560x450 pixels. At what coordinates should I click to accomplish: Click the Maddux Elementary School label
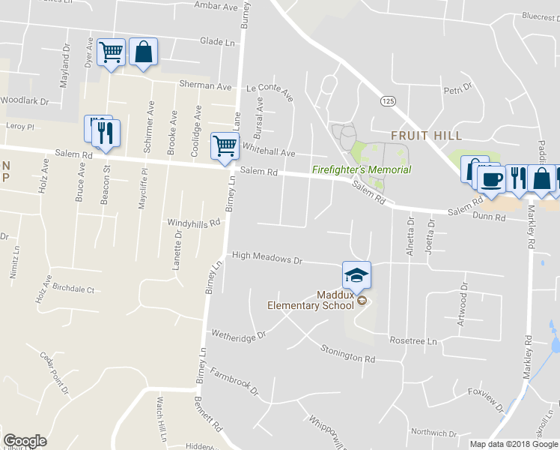pyautogui.click(x=311, y=300)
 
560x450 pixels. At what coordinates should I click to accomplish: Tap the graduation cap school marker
pyautogui.click(x=357, y=276)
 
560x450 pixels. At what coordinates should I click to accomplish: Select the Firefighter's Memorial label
pyautogui.click(x=362, y=170)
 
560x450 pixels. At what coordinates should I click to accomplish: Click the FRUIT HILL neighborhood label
pyautogui.click(x=426, y=136)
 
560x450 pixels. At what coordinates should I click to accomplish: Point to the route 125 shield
pyautogui.click(x=387, y=100)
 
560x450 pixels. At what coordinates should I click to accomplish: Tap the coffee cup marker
pyautogui.click(x=492, y=179)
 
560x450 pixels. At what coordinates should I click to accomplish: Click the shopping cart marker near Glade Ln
pyautogui.click(x=111, y=52)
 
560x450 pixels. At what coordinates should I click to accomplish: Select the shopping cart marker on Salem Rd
pyautogui.click(x=225, y=146)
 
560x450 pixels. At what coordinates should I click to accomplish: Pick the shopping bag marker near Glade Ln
pyautogui.click(x=143, y=52)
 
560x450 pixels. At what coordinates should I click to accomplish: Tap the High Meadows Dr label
pyautogui.click(x=267, y=256)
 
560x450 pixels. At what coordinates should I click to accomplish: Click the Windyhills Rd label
pyautogui.click(x=193, y=223)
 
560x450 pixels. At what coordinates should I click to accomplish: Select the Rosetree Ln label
pyautogui.click(x=413, y=340)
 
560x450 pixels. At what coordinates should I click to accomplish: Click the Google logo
pyautogui.click(x=25, y=441)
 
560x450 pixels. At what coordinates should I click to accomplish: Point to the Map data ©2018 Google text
pyautogui.click(x=513, y=444)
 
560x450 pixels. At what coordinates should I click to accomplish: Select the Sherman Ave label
pyautogui.click(x=205, y=86)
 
